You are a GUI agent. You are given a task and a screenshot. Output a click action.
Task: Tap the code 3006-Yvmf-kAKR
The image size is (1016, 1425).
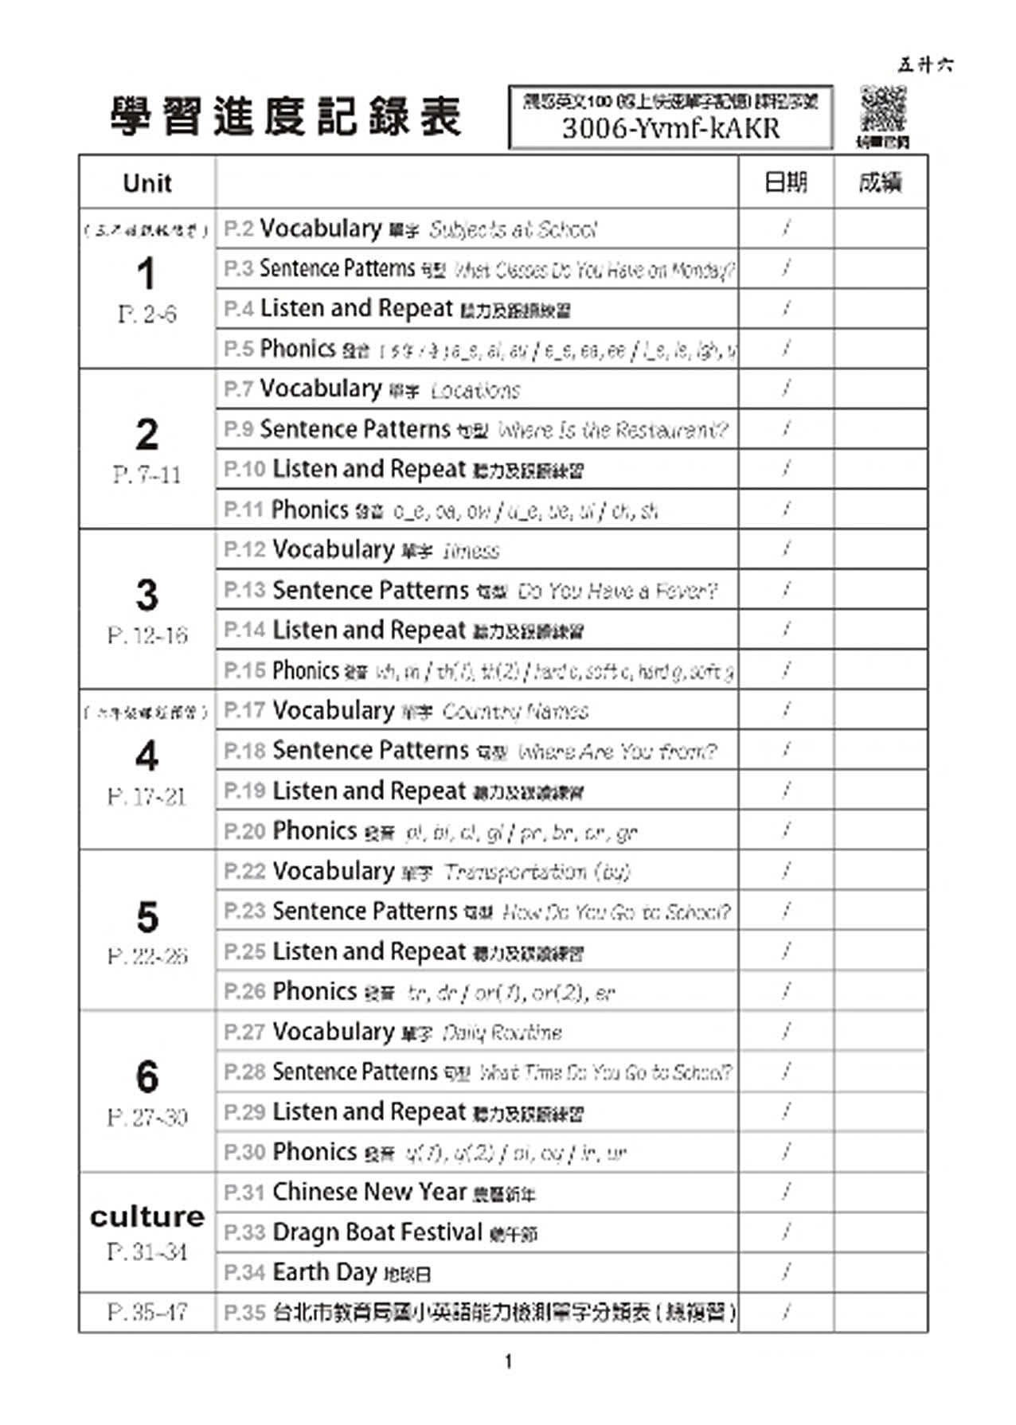670,128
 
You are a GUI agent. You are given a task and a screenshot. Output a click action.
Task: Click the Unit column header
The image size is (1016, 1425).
147,183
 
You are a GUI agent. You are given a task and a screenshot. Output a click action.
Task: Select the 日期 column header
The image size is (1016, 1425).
785,183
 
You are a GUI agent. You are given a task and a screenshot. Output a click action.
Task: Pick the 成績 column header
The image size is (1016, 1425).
880,183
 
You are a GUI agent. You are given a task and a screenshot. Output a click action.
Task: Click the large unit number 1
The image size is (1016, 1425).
146,274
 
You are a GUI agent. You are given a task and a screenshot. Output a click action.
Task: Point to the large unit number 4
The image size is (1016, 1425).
147,755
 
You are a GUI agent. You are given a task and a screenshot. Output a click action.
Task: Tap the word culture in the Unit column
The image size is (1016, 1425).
147,1216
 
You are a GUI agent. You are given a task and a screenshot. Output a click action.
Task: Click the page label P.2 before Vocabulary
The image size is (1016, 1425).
238,229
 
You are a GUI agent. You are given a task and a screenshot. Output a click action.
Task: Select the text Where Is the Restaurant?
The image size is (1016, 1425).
612,431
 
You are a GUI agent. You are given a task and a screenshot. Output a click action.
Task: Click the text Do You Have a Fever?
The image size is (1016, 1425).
617,591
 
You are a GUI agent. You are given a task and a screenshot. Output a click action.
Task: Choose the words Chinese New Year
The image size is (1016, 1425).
369,1192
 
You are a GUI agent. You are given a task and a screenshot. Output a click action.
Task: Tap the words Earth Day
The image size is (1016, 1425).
324,1272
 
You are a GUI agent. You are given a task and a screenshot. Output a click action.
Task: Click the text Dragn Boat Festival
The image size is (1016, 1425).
377,1232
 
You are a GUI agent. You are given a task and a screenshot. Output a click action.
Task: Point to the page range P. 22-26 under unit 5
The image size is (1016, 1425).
147,956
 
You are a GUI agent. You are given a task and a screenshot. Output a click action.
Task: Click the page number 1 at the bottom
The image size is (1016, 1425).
508,1361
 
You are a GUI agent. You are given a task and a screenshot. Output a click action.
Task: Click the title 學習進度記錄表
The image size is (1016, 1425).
286,117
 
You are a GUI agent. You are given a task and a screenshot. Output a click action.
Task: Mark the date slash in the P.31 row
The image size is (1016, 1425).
786,1192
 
